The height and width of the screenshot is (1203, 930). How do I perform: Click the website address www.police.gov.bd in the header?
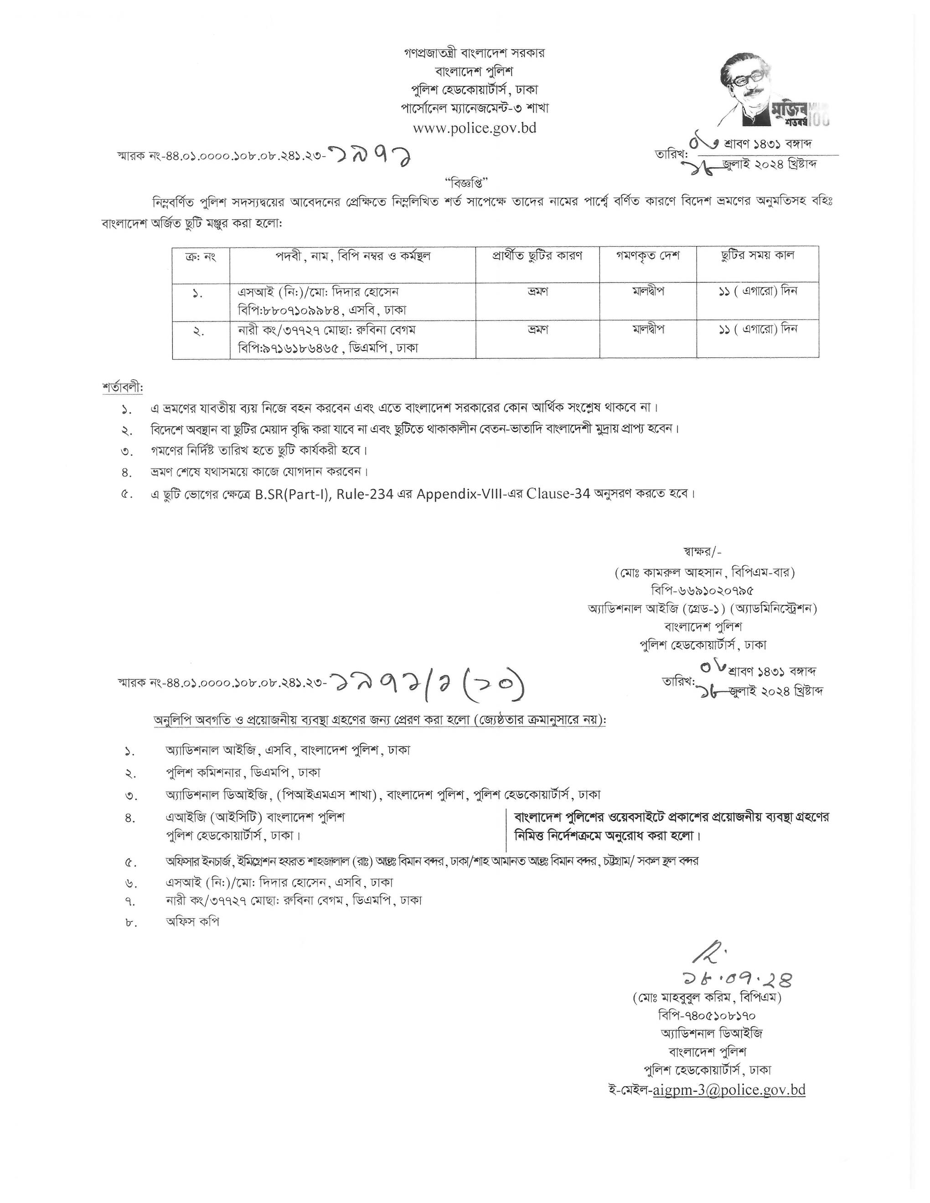tap(475, 128)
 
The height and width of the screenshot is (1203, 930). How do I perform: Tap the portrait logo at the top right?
tap(775, 88)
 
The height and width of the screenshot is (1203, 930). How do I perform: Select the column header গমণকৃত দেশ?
tap(648, 256)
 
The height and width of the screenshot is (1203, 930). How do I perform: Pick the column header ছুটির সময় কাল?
tap(757, 256)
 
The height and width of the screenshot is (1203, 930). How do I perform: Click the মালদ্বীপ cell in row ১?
tap(648, 291)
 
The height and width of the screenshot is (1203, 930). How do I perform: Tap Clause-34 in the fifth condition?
tap(558, 494)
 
